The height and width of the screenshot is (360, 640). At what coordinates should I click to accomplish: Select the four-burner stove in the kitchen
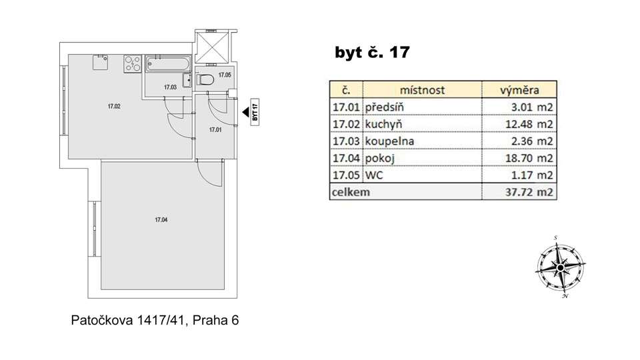(x=131, y=65)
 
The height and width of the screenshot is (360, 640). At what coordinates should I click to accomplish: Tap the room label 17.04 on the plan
(x=160, y=219)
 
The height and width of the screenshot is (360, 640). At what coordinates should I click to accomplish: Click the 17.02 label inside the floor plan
(x=114, y=105)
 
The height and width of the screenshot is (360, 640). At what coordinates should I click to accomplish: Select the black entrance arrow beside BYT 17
(x=245, y=112)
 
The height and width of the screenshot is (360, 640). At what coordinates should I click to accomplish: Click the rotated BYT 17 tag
(x=255, y=111)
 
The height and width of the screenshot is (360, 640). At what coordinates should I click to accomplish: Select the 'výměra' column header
(x=519, y=90)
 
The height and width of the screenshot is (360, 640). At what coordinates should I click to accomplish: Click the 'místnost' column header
(x=422, y=90)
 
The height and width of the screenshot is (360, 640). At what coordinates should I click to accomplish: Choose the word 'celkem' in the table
(x=351, y=193)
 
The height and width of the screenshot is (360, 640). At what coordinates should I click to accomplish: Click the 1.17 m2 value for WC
(x=533, y=175)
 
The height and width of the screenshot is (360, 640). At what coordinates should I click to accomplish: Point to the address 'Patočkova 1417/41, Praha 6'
(x=155, y=320)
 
